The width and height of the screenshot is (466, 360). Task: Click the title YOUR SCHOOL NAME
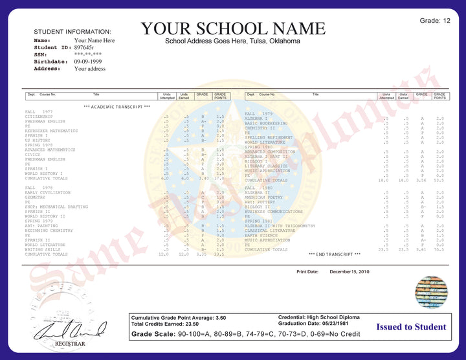(233, 28)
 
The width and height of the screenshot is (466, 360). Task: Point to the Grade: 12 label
(435, 21)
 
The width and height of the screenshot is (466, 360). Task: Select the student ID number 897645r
(84, 48)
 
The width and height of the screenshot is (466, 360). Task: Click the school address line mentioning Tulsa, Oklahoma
(232, 41)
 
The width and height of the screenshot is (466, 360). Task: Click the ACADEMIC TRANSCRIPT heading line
(117, 106)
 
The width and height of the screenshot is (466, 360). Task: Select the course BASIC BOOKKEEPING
(266, 123)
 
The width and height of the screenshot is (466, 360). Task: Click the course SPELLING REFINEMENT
(269, 137)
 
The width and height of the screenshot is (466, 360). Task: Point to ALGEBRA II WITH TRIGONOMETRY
(280, 226)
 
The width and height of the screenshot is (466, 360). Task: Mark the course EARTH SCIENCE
(261, 236)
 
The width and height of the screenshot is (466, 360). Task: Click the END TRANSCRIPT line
(335, 254)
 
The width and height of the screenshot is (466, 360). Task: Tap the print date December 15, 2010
(349, 272)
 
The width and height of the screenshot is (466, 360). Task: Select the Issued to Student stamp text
(412, 327)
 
